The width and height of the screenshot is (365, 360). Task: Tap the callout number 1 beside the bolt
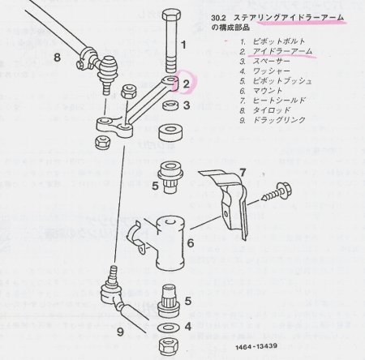coord(184,45)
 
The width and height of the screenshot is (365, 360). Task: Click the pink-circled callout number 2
coord(187,84)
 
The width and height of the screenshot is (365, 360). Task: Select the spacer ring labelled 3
coord(170,105)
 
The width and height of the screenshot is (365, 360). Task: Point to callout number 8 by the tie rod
coord(58,58)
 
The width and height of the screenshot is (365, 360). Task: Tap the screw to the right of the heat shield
coord(277,192)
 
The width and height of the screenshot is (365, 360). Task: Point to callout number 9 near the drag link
coord(121,332)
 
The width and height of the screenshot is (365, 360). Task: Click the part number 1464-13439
coord(256,347)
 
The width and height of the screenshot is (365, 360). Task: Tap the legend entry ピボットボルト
coord(279,41)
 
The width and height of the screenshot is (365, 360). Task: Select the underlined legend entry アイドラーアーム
coord(282,51)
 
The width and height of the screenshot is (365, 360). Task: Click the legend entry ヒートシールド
coord(279,101)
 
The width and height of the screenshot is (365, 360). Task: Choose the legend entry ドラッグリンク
coord(279,120)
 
